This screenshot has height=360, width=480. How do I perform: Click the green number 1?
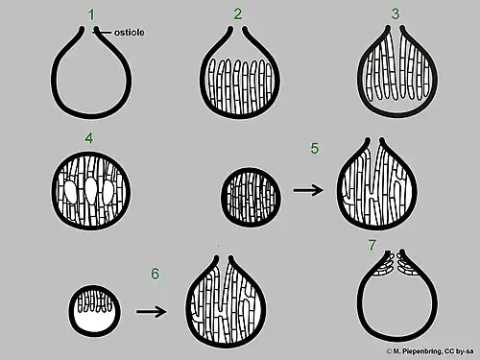pyautogui.click(x=92, y=15)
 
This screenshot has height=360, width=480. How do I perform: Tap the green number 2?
pyautogui.click(x=237, y=14)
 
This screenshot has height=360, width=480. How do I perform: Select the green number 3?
pyautogui.click(x=396, y=14)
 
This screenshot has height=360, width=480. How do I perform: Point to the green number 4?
pyautogui.click(x=89, y=138)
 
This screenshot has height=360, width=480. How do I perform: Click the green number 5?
pyautogui.click(x=315, y=149)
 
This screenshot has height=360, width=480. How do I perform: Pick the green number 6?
pyautogui.click(x=156, y=274)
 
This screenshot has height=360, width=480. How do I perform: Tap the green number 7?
pyautogui.click(x=372, y=246)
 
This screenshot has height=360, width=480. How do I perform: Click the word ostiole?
pyautogui.click(x=130, y=33)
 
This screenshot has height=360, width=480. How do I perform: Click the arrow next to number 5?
pyautogui.click(x=308, y=190)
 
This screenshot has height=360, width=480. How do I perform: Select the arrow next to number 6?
pyautogui.click(x=152, y=312)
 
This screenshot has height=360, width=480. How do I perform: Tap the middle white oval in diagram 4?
pyautogui.click(x=91, y=191)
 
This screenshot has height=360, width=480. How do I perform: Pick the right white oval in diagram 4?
pyautogui.click(x=108, y=193)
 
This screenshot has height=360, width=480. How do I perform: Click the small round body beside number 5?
pyautogui.click(x=252, y=197)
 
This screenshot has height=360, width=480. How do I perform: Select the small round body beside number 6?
pyautogui.click(x=95, y=311)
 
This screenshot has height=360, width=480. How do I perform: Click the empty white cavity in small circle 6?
pyautogui.click(x=95, y=323)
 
